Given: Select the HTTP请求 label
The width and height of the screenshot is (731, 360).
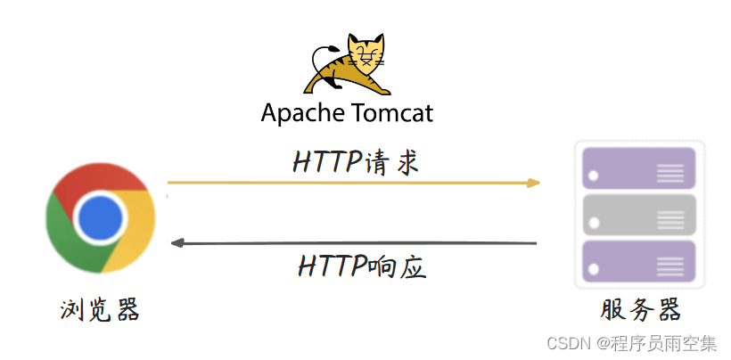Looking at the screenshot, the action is (356, 162).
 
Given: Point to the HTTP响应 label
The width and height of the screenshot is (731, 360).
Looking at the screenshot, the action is (356, 265).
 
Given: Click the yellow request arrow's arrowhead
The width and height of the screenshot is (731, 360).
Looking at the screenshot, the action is (533, 183).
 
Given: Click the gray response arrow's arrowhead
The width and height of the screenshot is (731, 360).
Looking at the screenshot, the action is (177, 243).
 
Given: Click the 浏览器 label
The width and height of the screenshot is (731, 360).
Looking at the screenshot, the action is (100, 310).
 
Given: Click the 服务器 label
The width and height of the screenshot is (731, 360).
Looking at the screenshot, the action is (640, 310).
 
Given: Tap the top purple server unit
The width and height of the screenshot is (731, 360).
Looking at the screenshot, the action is (638, 168).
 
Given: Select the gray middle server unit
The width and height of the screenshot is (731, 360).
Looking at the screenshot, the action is (638, 214).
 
